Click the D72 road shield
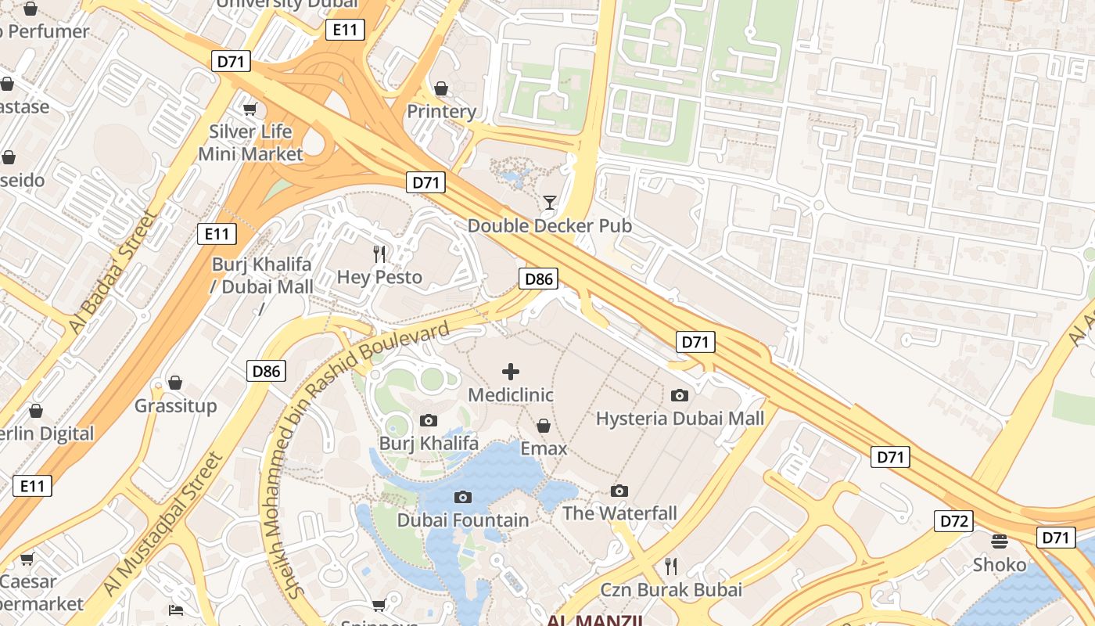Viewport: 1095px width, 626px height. [953, 521]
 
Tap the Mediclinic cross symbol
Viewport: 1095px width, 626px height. [511, 372]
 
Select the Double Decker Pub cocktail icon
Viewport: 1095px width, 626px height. [550, 203]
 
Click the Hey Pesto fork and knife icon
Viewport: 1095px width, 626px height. [380, 254]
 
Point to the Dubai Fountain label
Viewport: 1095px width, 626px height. [463, 520]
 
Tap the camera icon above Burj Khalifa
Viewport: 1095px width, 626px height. [428, 421]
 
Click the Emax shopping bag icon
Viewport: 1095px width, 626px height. [544, 426]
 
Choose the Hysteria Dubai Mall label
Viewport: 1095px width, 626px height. [680, 419]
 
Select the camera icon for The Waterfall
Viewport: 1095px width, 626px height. [619, 491]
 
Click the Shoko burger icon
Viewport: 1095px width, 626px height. [999, 541]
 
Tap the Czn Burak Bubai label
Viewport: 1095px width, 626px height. [670, 589]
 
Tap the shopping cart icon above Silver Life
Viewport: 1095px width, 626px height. [250, 109]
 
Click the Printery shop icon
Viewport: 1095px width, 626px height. [441, 88]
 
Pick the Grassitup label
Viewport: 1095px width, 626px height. [175, 406]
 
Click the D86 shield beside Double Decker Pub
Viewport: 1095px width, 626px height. [538, 279]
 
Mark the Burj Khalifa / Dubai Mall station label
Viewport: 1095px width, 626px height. [262, 275]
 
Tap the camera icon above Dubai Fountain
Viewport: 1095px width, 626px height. [463, 497]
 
